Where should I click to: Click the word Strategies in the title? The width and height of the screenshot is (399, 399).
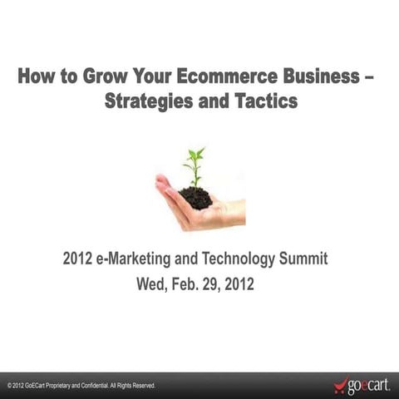click(146, 102)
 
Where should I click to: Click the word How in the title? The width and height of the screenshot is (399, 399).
click(37, 80)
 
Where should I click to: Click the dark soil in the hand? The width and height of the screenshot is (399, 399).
click(195, 197)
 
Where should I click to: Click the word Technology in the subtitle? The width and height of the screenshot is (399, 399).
click(244, 259)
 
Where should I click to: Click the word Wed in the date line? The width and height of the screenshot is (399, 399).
click(153, 284)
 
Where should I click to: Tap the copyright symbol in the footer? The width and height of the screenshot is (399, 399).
click(8, 386)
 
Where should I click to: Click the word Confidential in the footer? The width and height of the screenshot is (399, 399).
click(91, 386)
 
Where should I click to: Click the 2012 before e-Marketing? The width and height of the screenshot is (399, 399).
click(80, 259)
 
